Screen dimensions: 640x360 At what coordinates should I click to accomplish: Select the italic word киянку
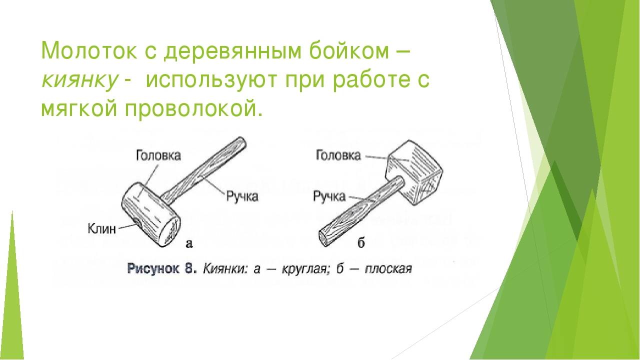click(x=79, y=80)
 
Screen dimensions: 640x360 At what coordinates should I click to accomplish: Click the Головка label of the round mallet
click(x=158, y=155)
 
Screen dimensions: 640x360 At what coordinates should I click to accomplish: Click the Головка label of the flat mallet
click(x=338, y=155)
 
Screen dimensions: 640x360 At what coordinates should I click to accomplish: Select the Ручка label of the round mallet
click(x=242, y=197)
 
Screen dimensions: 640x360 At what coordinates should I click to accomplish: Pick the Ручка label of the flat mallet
click(x=329, y=196)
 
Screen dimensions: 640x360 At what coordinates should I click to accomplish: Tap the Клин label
click(x=101, y=229)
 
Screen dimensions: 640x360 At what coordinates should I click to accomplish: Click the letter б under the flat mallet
click(x=361, y=243)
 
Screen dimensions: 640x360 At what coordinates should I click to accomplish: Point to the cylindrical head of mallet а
click(x=151, y=214)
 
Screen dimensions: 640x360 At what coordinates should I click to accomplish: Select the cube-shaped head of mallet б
click(x=414, y=172)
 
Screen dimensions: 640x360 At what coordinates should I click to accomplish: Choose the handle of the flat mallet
click(x=361, y=211)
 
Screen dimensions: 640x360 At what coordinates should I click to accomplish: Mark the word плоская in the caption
click(x=388, y=269)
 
